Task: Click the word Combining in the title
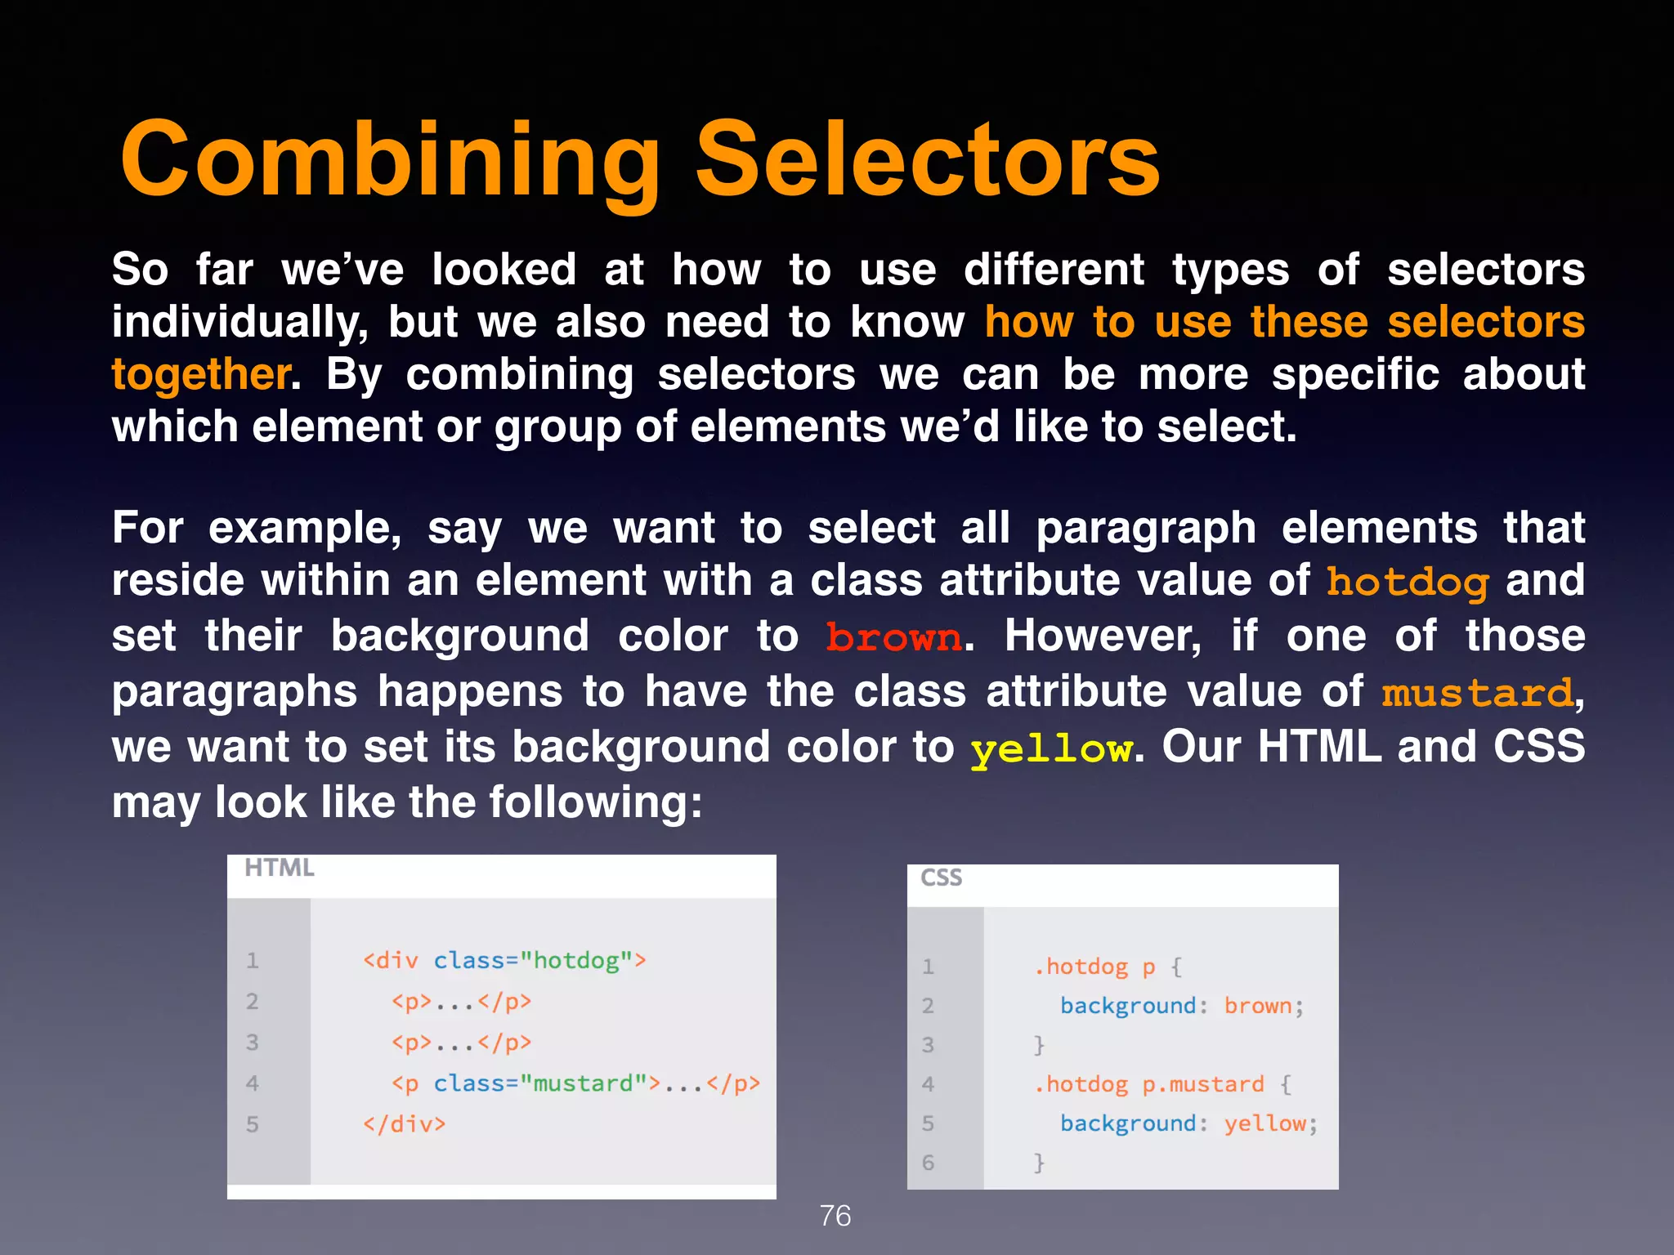click(390, 160)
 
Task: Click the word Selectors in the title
click(927, 160)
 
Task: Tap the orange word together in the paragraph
click(200, 375)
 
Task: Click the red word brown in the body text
click(893, 637)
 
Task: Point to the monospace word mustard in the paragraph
click(1476, 694)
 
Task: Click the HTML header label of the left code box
click(279, 868)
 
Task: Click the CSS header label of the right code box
click(941, 878)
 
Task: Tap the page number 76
click(835, 1216)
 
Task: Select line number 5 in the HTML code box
click(253, 1124)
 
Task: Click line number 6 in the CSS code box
click(928, 1162)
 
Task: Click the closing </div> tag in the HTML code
click(405, 1124)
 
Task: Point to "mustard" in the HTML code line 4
click(583, 1083)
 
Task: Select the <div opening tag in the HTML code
click(391, 960)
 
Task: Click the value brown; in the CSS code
click(1264, 1006)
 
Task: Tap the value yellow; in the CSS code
click(1270, 1123)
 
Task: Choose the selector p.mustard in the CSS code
click(1202, 1084)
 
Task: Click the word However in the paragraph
click(1103, 636)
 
